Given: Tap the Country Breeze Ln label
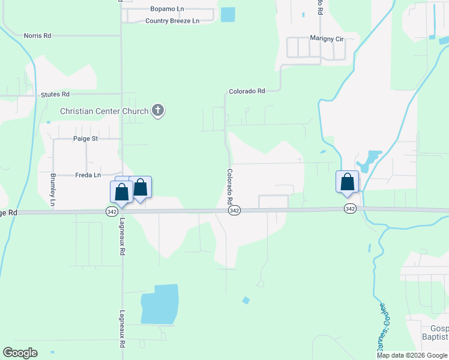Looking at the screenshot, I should tap(172, 21).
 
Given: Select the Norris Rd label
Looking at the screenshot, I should tap(37, 36).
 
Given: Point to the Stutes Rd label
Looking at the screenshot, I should tap(55, 95).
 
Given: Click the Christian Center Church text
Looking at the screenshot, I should tap(104, 111).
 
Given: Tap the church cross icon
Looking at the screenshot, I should tap(158, 110).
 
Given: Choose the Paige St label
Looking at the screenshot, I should tap(85, 139).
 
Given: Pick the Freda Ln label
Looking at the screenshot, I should tap(88, 175).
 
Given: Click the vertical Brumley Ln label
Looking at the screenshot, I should tap(53, 190).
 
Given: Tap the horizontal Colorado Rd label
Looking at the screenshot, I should tap(247, 92).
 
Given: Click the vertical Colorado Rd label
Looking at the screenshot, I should tap(229, 187).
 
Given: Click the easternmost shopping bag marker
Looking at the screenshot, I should tap(347, 182).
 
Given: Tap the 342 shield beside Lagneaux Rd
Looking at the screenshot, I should tap(112, 211).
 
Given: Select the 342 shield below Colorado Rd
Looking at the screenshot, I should tap(235, 211).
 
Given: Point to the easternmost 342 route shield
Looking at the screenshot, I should tap(351, 209).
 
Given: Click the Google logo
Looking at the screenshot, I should tap(20, 353).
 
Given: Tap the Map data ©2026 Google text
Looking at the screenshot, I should tap(411, 355).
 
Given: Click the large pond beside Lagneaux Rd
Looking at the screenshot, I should tap(159, 304).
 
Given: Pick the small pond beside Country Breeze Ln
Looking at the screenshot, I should tap(228, 14).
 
